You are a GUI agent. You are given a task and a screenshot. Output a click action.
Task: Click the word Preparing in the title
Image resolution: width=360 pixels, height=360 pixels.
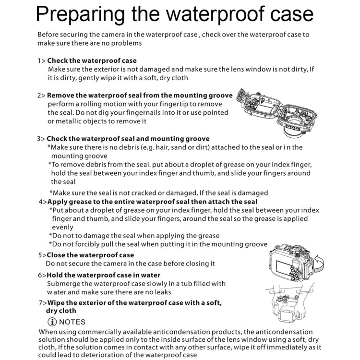[x=80, y=15]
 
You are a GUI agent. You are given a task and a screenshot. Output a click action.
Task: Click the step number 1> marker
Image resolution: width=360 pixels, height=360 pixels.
[x=42, y=60]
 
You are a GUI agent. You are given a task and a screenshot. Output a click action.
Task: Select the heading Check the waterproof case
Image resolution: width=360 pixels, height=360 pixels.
[x=92, y=60]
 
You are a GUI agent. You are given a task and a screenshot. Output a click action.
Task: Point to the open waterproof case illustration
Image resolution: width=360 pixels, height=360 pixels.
[x=277, y=112]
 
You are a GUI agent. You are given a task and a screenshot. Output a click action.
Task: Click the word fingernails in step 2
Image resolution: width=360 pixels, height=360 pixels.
[x=143, y=113]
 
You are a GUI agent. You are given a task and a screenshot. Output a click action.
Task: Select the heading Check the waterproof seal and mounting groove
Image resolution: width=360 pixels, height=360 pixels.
[x=128, y=139]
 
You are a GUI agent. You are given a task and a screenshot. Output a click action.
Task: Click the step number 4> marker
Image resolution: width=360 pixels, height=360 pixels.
[x=43, y=202]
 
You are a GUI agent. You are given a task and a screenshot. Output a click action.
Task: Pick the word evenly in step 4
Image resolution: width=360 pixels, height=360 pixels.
[x=62, y=228]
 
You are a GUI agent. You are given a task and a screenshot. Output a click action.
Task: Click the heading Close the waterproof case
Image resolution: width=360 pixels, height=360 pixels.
[x=90, y=255]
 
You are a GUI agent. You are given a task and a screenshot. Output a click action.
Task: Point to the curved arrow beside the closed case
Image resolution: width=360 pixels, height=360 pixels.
[x=319, y=263]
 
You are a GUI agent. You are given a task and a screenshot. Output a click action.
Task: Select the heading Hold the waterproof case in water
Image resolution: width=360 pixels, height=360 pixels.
[x=103, y=275]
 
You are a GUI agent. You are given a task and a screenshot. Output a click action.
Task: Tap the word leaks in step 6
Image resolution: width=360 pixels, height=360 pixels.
[x=163, y=292]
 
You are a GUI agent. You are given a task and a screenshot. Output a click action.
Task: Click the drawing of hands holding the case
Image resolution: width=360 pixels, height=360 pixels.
[x=290, y=302]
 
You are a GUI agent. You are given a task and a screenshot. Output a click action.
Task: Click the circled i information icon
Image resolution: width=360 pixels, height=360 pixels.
[x=52, y=322]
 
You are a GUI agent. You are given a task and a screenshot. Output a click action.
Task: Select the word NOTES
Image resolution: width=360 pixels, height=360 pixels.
[x=72, y=322]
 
